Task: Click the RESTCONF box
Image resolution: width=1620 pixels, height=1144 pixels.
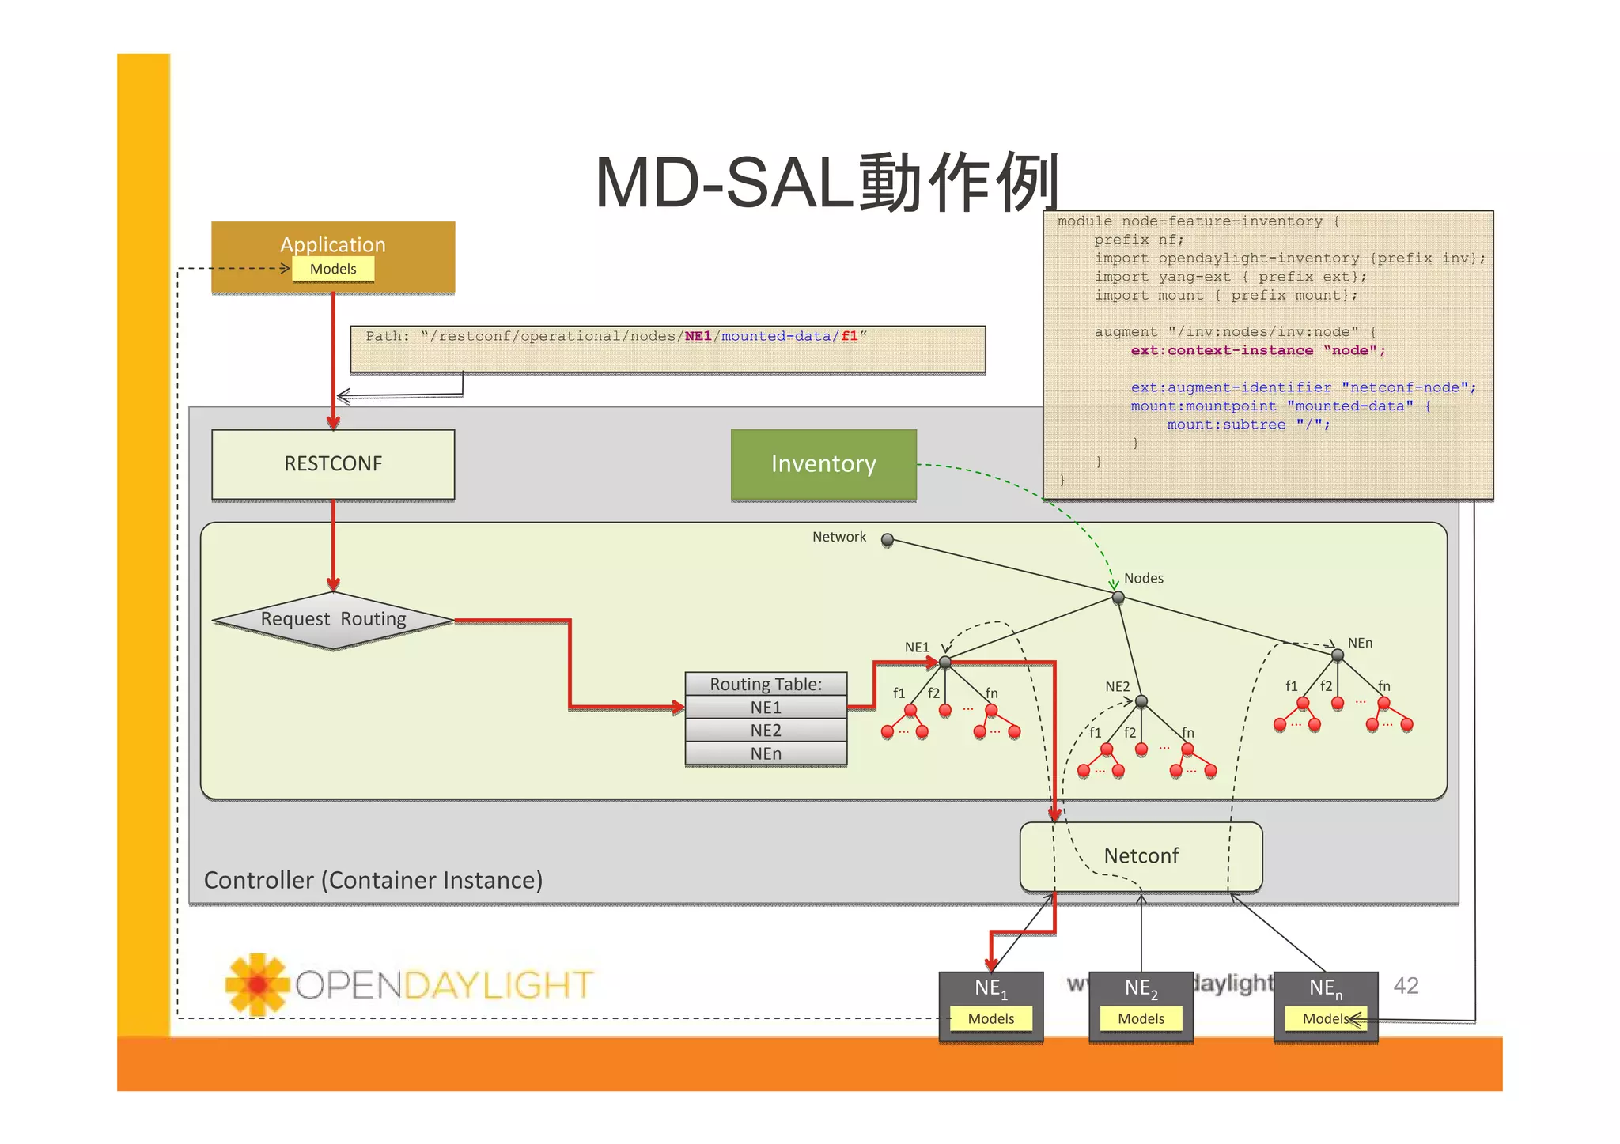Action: tap(333, 464)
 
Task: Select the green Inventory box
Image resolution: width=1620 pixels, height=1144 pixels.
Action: tap(823, 464)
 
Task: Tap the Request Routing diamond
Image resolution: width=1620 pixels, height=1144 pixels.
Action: tap(333, 620)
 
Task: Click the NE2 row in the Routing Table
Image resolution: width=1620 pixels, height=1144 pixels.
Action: tap(766, 731)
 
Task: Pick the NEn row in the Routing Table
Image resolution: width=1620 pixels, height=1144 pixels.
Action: tap(766, 753)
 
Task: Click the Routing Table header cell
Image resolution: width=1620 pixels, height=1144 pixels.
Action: tap(766, 684)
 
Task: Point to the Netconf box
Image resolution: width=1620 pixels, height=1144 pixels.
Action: tap(1141, 856)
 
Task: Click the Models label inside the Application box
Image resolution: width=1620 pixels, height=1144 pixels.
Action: tap(333, 269)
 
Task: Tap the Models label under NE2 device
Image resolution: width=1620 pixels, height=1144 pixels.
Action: tap(1141, 1019)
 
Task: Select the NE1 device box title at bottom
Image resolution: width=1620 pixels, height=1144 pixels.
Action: tap(990, 988)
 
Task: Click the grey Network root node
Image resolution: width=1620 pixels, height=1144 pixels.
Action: tap(888, 540)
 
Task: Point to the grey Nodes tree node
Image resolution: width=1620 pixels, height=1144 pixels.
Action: tap(1118, 598)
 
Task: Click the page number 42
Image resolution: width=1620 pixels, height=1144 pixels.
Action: tap(1406, 985)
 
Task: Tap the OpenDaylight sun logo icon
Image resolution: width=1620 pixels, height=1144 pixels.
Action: tap(256, 984)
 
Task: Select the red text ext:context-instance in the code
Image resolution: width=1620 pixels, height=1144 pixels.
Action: tap(1221, 351)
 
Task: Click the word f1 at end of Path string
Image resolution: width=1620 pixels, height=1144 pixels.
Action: tap(850, 337)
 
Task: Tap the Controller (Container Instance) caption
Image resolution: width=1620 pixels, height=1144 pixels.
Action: tap(373, 880)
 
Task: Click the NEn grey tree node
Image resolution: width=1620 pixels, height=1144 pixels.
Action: tap(1338, 655)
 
